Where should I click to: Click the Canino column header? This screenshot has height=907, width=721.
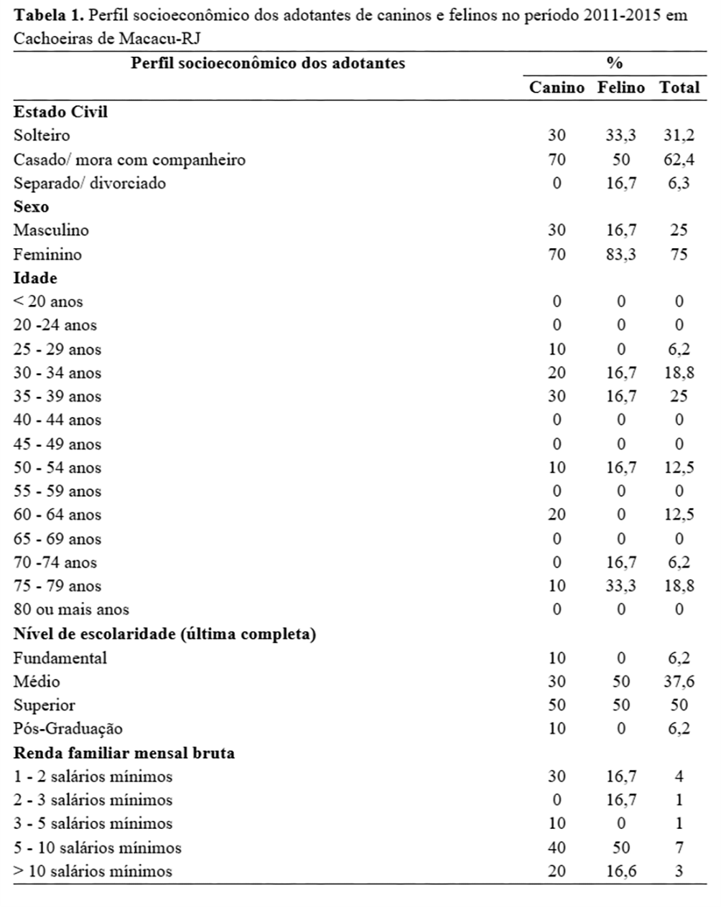coord(557,88)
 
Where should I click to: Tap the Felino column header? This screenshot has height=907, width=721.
coord(621,88)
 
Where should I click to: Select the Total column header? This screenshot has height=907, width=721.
coord(679,88)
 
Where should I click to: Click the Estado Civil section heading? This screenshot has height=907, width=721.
coord(60,111)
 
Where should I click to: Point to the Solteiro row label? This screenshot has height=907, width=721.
coord(42,135)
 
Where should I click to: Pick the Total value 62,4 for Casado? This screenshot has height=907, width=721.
coord(679,159)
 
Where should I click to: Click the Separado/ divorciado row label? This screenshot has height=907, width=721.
coord(90,183)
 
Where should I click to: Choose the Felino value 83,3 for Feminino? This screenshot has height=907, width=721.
coord(621,254)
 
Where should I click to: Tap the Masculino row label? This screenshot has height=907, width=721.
coord(51,230)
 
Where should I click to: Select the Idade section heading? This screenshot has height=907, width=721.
coord(35,278)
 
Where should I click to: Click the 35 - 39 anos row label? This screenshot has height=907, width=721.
coord(57,396)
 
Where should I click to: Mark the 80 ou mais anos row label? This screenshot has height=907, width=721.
coord(71,609)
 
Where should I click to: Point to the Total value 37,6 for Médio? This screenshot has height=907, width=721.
coord(679,681)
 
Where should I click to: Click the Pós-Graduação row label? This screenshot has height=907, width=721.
coord(68,728)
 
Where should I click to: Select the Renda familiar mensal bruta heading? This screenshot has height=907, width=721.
coord(124,753)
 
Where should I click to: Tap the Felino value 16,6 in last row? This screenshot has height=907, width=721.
coord(621,871)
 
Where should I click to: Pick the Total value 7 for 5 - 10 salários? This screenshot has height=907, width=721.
coord(679,847)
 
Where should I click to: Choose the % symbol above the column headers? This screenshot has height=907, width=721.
coord(614,63)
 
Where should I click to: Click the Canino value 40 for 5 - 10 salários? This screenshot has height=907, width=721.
coord(557,847)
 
